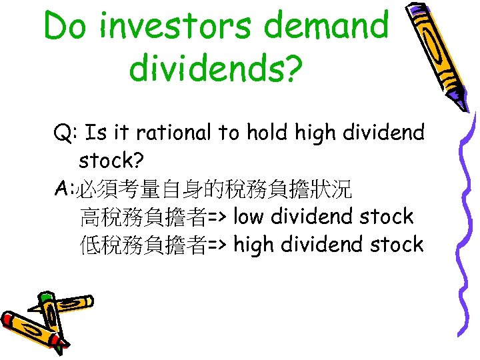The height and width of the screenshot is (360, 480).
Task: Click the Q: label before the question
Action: click(66, 133)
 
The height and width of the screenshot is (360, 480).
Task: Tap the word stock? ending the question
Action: click(117, 161)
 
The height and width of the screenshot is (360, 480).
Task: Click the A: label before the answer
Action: click(65, 189)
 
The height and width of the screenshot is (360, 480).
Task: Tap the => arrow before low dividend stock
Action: click(219, 217)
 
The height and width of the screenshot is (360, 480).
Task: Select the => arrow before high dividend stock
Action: click(219, 245)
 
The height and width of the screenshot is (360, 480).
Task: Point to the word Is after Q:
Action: click(97, 133)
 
